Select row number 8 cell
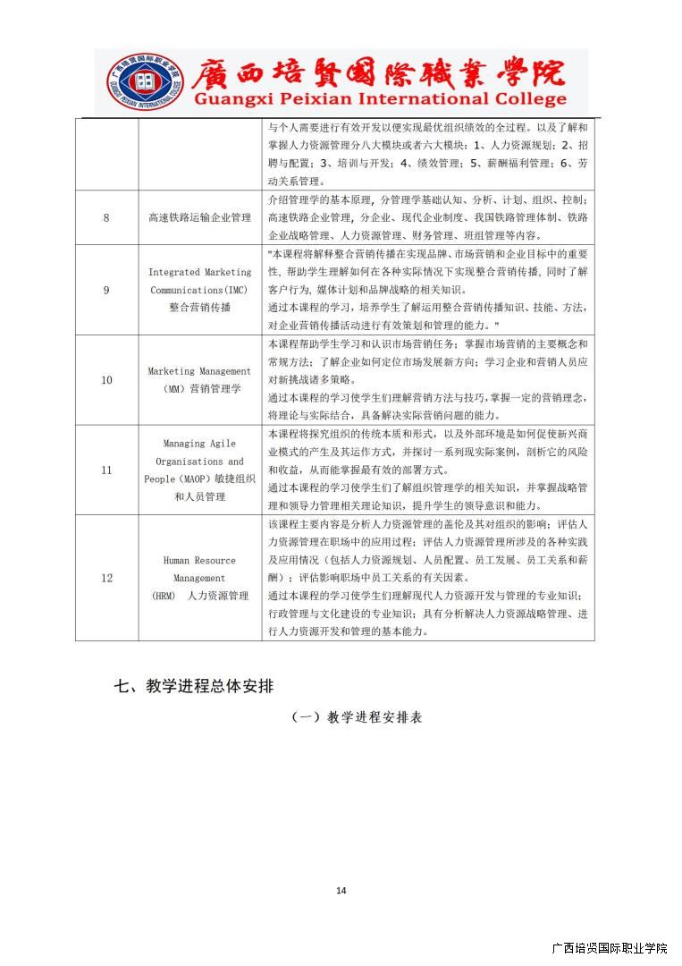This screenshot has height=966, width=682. pyautogui.click(x=106, y=217)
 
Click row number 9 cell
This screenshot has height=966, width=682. pyautogui.click(x=106, y=290)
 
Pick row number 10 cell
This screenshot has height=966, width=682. pyautogui.click(x=106, y=380)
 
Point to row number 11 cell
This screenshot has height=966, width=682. pyautogui.click(x=106, y=470)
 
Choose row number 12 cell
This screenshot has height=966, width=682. pyautogui.click(x=106, y=578)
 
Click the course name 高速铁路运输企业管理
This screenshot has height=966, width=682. pyautogui.click(x=199, y=217)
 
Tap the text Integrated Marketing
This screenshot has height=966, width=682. pyautogui.click(x=199, y=272)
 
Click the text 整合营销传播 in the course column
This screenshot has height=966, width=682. pyautogui.click(x=199, y=307)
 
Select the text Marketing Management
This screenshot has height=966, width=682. pyautogui.click(x=199, y=371)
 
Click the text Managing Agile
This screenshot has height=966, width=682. pyautogui.click(x=199, y=443)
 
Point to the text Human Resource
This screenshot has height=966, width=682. pyautogui.click(x=199, y=560)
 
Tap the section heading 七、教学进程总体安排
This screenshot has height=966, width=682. pyautogui.click(x=193, y=687)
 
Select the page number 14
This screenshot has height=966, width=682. pyautogui.click(x=341, y=890)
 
